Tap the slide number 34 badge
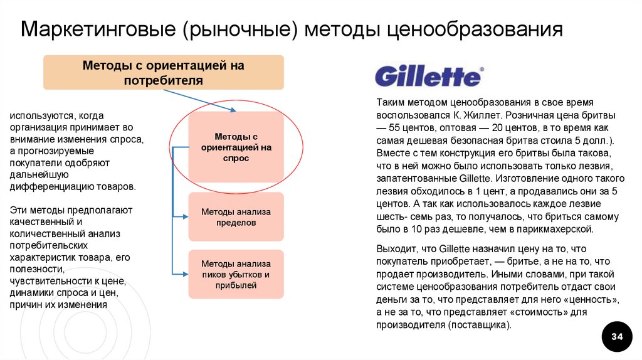pos(617,337)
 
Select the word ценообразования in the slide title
pos(474,29)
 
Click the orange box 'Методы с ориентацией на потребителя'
pos(163,72)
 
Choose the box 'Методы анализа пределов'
pos(236,217)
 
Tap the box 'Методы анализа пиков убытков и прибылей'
pos(236,274)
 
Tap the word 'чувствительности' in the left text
pos(46,280)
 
